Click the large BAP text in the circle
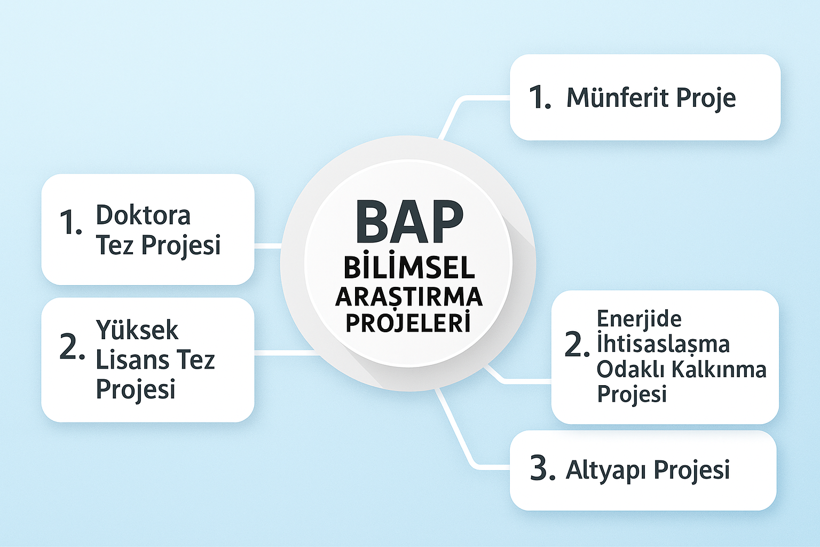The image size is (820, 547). [x=409, y=222]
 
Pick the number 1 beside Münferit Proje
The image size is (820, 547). [x=540, y=97]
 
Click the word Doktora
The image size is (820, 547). [x=143, y=215]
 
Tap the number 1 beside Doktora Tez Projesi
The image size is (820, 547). [x=70, y=222]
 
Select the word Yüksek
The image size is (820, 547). [x=137, y=330]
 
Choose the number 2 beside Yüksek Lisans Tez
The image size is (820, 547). [x=72, y=346]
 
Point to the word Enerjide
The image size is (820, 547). [x=639, y=319]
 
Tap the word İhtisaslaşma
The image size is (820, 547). [x=664, y=345]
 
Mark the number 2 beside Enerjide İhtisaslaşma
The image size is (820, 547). [x=577, y=345]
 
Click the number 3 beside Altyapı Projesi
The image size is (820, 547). [x=542, y=468]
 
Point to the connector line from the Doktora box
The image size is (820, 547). [x=268, y=246]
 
